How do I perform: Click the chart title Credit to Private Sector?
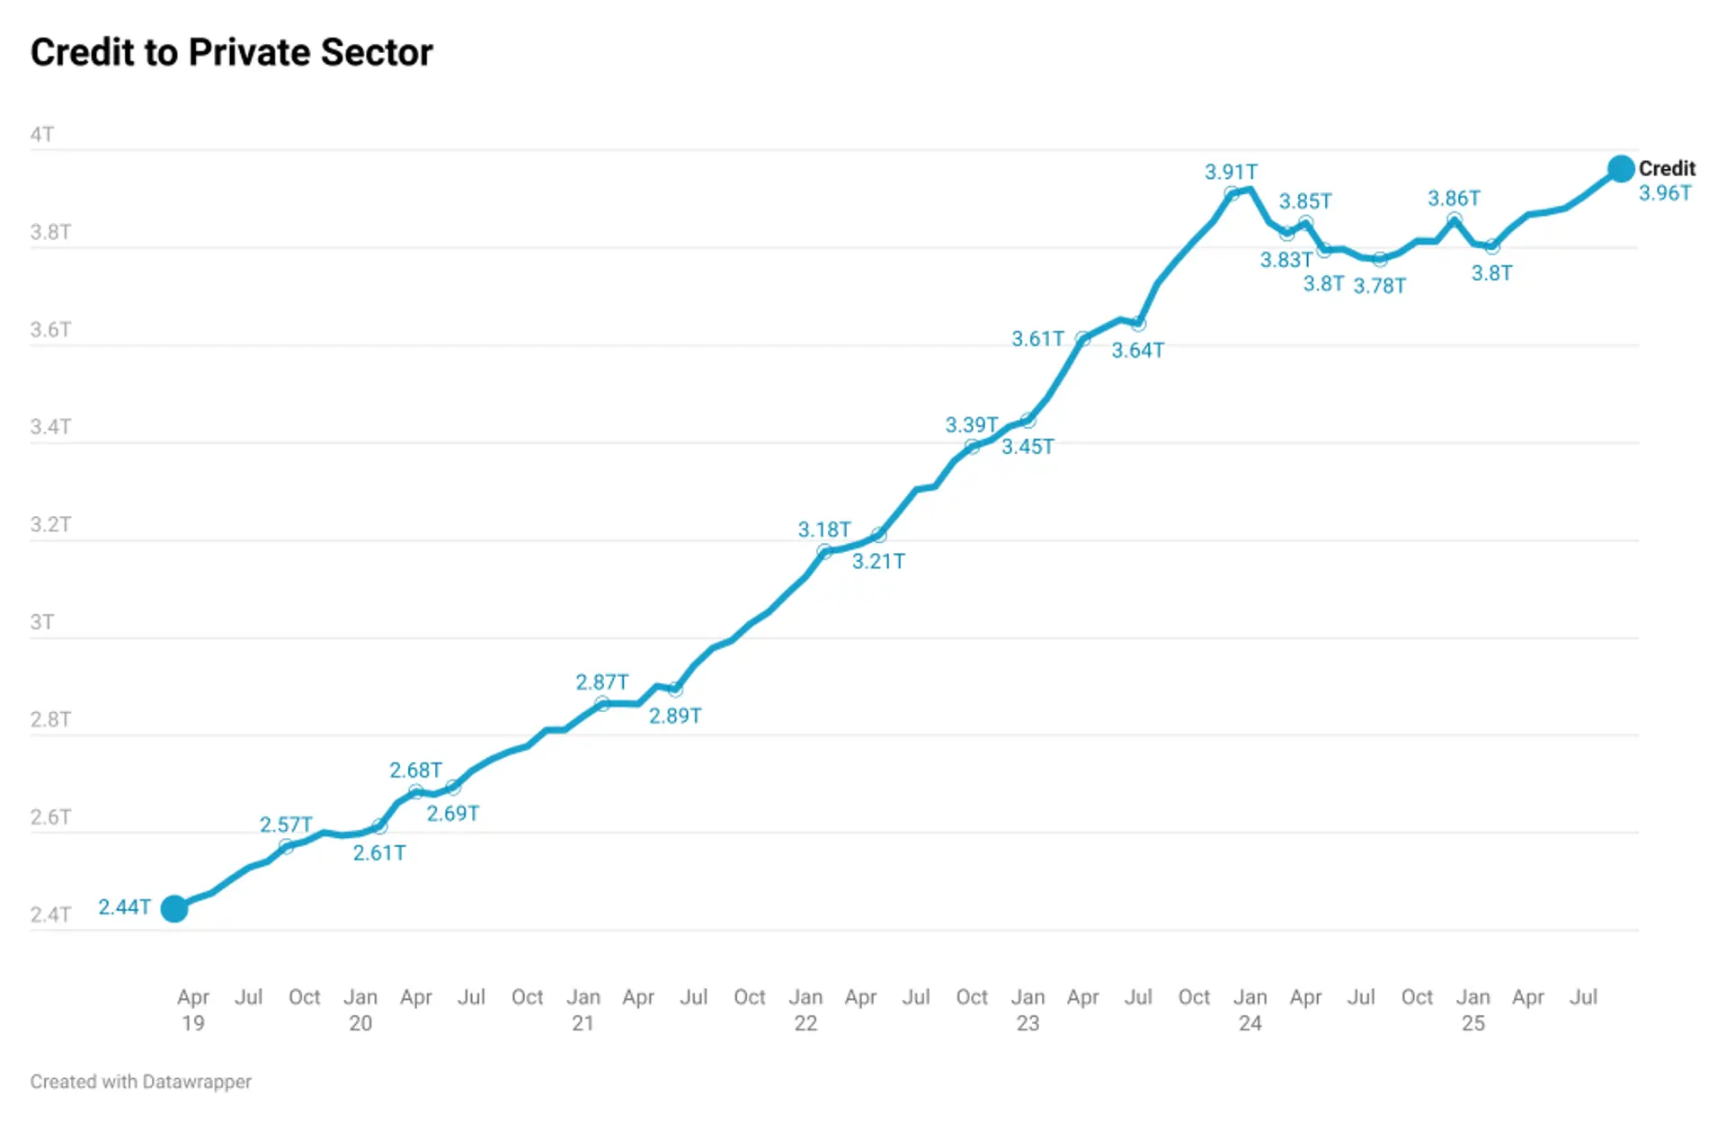pos(231,52)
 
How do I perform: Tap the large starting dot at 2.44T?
pos(174,908)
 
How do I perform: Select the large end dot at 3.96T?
pos(1620,168)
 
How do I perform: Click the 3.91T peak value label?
pos(1231,172)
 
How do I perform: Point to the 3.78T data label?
pos(1379,286)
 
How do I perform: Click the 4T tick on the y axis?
pos(42,135)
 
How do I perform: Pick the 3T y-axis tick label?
pos(42,622)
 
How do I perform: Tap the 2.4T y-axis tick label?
pos(50,914)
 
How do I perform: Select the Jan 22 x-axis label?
pos(805,1009)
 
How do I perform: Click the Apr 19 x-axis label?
pos(193,1009)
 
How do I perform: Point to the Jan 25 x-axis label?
pos(1472,1009)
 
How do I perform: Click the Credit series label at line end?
pos(1666,168)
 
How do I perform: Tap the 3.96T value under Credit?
pos(1664,193)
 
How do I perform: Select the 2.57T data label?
pos(286,824)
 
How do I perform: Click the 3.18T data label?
pos(823,530)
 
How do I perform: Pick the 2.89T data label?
pos(675,716)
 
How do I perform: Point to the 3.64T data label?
pos(1137,351)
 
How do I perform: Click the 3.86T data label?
pos(1454,198)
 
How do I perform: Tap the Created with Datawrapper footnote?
pos(141,1082)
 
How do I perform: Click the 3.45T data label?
pos(1028,447)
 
